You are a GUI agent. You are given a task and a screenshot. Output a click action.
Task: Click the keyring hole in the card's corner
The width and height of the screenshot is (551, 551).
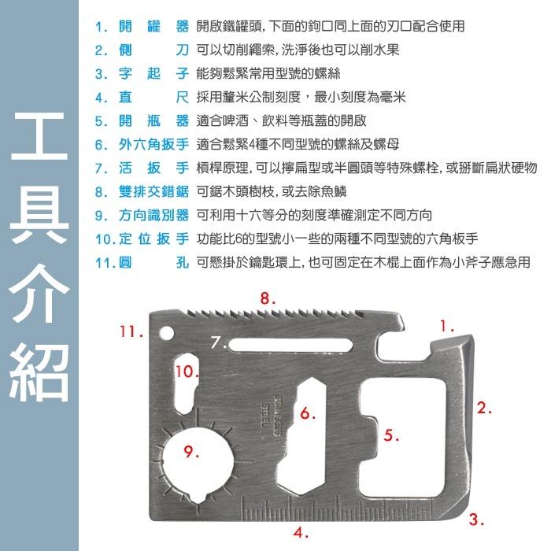click(x=166, y=331)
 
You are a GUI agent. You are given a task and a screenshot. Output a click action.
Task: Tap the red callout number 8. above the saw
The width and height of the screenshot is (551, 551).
click(x=268, y=298)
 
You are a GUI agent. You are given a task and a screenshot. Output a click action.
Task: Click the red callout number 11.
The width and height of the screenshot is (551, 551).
click(x=131, y=331)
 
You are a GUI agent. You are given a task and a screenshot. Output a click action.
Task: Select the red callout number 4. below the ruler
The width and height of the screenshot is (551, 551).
click(x=300, y=532)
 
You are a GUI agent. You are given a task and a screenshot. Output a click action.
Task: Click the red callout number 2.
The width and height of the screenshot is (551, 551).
click(x=485, y=408)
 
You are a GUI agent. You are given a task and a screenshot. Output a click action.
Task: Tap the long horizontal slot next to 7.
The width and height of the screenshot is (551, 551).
click(x=291, y=343)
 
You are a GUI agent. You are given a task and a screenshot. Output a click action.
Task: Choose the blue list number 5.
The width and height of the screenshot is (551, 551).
click(x=101, y=121)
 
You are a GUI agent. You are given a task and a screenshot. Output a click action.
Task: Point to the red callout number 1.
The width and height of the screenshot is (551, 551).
click(x=447, y=324)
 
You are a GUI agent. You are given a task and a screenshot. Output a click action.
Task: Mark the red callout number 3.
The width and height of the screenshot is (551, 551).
click(x=476, y=520)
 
